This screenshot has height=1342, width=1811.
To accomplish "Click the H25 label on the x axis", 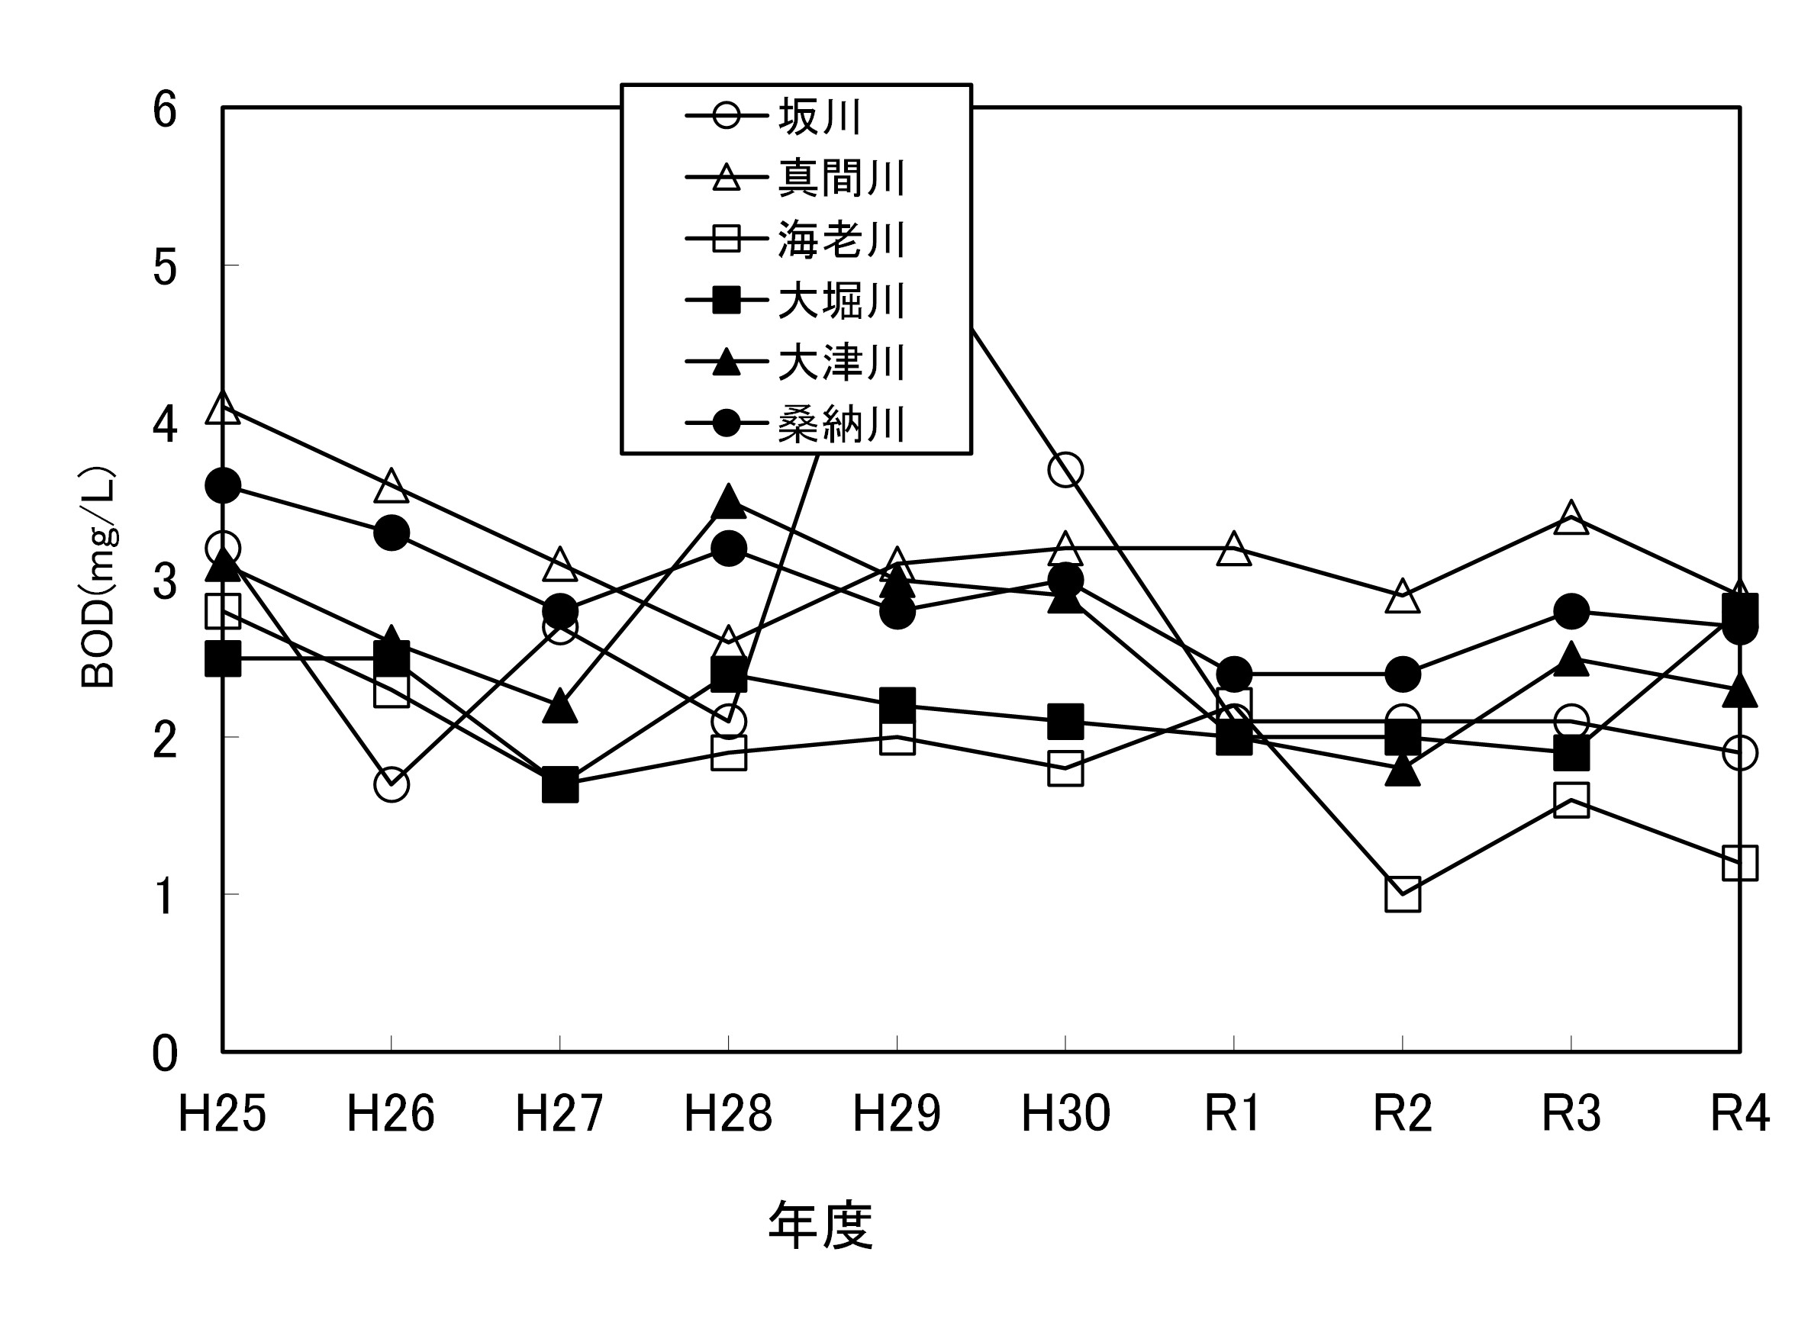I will click(222, 1114).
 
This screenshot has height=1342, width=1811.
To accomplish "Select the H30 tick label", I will click(1065, 1114).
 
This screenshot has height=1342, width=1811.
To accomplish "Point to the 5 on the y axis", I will click(165, 266).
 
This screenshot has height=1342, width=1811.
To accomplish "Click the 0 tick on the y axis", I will click(165, 1054).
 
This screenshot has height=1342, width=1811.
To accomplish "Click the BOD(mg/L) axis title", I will click(99, 578).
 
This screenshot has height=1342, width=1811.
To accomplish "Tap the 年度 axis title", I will click(820, 1225).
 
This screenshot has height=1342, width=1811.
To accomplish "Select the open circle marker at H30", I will click(1065, 469).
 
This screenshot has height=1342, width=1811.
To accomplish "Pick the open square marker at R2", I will click(1403, 894).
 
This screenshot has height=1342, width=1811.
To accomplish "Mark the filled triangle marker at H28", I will click(728, 502).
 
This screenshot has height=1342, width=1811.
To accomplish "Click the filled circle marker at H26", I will click(392, 533).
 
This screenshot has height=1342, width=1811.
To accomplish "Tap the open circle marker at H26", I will click(392, 785).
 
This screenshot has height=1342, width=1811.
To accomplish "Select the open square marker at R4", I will click(1739, 863).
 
